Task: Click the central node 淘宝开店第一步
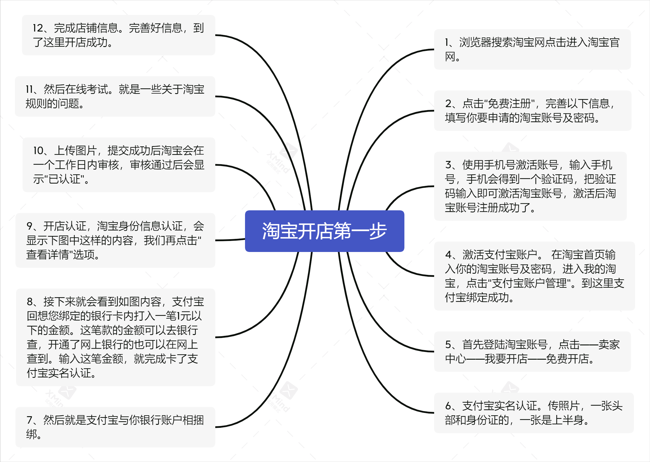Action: (x=324, y=231)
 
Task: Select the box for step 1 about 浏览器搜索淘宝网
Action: (x=532, y=49)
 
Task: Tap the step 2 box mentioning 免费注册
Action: (x=533, y=111)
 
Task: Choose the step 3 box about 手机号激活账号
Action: (x=530, y=186)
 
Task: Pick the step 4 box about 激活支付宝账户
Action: (x=534, y=276)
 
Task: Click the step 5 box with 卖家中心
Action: (x=532, y=352)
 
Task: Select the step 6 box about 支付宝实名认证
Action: (x=534, y=413)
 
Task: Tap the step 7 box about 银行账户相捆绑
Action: (x=115, y=427)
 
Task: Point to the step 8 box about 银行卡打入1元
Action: (x=115, y=337)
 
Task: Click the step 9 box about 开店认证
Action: (x=115, y=240)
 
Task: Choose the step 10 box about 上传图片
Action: (x=119, y=165)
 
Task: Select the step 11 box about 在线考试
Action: (x=115, y=96)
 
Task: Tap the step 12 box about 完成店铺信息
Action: (x=118, y=35)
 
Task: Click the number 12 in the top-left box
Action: (x=38, y=28)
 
